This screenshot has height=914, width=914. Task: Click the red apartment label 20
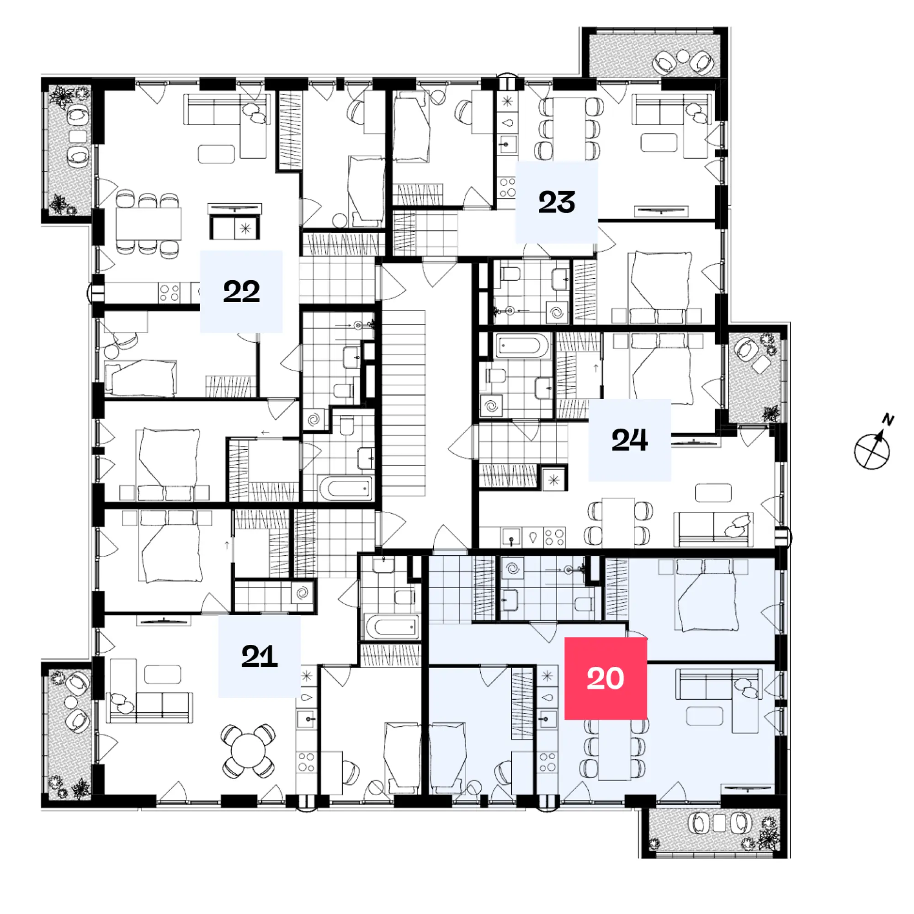[x=606, y=678]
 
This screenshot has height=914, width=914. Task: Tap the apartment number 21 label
[x=259, y=656]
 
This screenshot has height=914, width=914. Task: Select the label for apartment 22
[x=241, y=292]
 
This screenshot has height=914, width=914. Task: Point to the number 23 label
[x=556, y=202]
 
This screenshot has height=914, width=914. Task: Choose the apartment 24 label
[x=629, y=440]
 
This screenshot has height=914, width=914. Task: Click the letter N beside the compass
[x=888, y=419]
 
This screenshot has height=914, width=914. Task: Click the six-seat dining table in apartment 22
[x=149, y=223]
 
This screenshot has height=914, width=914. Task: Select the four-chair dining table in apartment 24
[x=618, y=522]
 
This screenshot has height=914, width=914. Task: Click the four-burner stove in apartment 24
[x=554, y=537]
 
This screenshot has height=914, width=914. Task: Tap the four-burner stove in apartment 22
[x=169, y=292]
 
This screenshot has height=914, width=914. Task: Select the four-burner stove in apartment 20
[x=547, y=761]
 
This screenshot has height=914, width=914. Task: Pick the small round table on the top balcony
[x=683, y=56]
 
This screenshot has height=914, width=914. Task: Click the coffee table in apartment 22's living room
[x=216, y=154]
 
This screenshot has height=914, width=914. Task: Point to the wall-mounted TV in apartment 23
[x=661, y=210]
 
